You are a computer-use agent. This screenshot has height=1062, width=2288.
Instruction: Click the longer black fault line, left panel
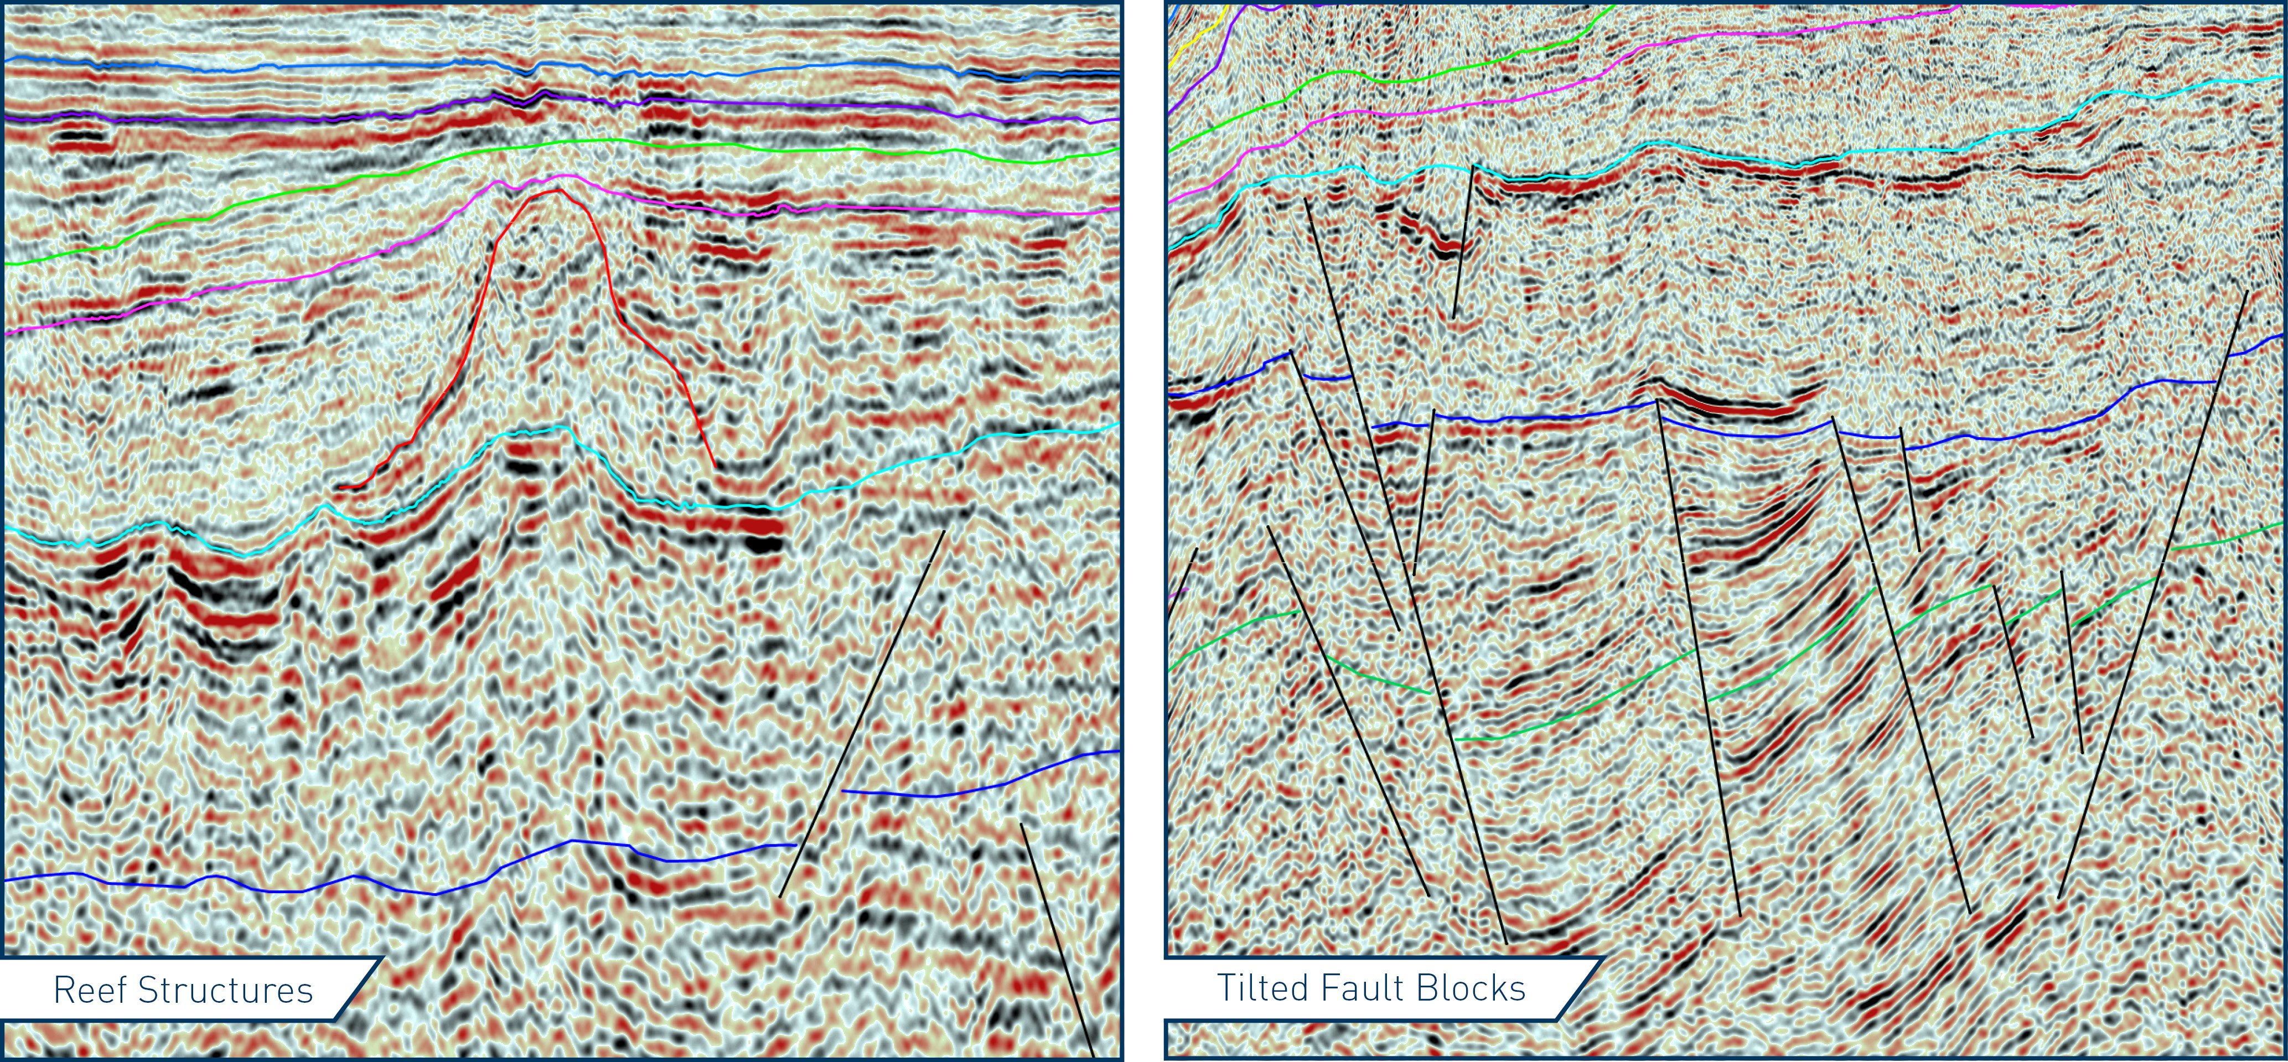[x=862, y=711]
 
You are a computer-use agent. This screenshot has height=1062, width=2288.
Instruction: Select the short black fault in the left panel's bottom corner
[x=1057, y=941]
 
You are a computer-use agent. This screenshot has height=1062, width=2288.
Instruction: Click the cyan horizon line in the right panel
[x=1777, y=162]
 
